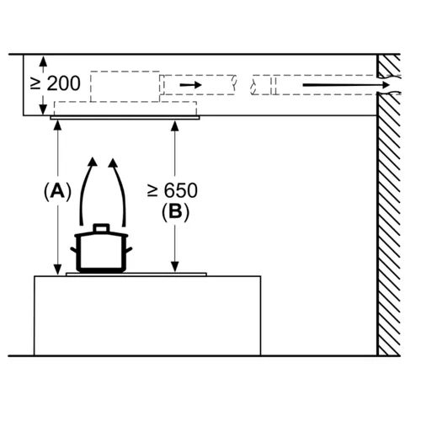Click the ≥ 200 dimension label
pyautogui.click(x=56, y=83)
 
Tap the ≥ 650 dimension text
pyautogui.click(x=173, y=190)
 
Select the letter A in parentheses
pyautogui.click(x=58, y=191)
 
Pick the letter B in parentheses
pyautogui.click(x=175, y=212)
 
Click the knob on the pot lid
pyautogui.click(x=101, y=227)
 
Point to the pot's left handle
pyautogui.click(x=73, y=250)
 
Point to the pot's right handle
pyautogui.click(x=129, y=250)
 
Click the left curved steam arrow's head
pyautogui.click(x=92, y=163)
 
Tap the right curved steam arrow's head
pyautogui.click(x=114, y=163)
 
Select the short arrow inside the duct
pyautogui.click(x=191, y=85)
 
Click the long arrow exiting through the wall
pyautogui.click(x=346, y=85)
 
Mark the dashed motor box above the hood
pyautogui.click(x=125, y=87)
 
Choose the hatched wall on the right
pyautogui.click(x=389, y=205)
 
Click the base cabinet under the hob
pyautogui.click(x=147, y=316)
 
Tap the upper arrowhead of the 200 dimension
pyautogui.click(x=43, y=61)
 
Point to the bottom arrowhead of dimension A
pyautogui.click(x=58, y=269)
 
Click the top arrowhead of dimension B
pyautogui.click(x=175, y=126)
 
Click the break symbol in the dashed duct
pyautogui.click(x=243, y=85)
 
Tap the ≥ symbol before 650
pyautogui.click(x=152, y=190)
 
